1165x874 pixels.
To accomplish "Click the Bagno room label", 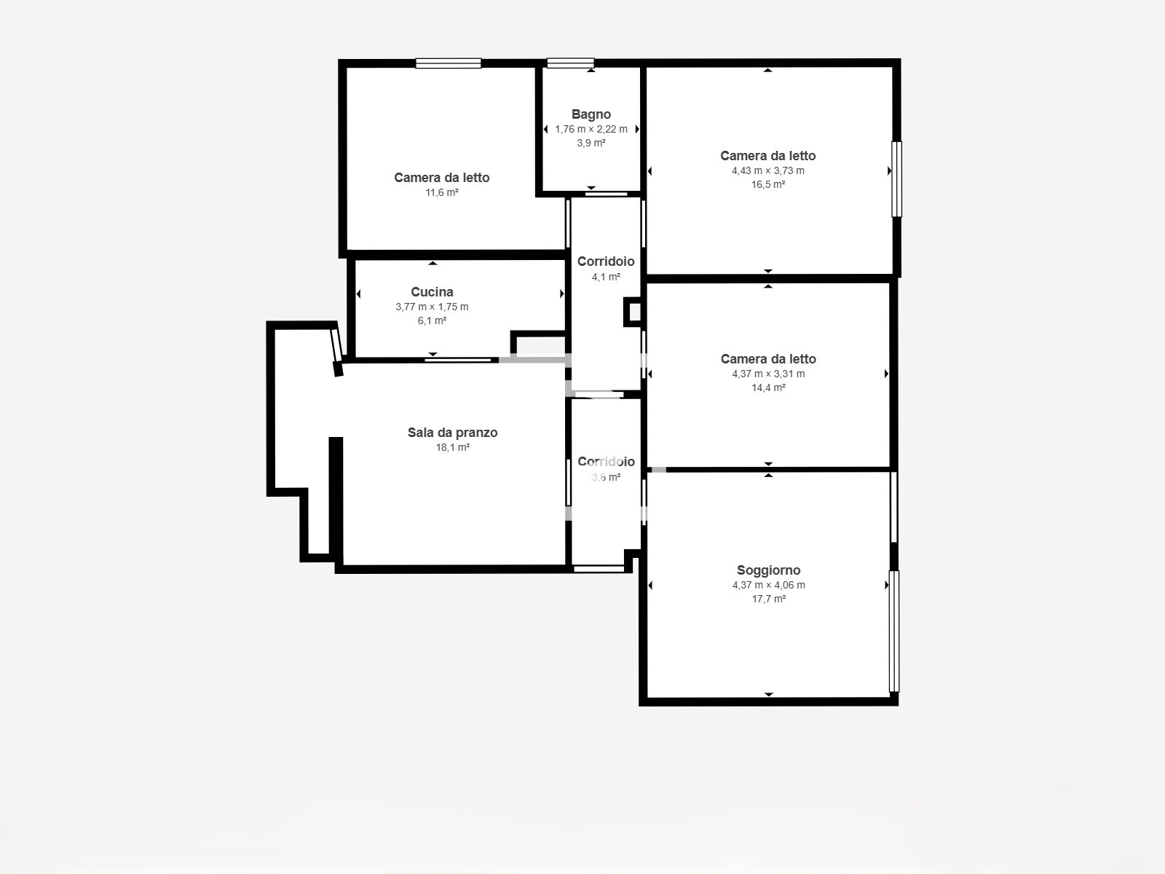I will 591,114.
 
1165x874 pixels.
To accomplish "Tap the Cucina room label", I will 432,292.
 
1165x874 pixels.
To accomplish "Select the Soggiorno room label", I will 768,570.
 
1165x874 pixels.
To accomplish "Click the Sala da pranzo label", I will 452,433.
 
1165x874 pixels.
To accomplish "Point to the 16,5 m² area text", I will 768,185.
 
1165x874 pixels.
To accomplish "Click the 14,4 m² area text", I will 768,388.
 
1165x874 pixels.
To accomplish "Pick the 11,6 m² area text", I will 442,193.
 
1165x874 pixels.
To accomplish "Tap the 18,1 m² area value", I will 452,448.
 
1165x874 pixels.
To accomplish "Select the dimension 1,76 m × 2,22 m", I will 591,129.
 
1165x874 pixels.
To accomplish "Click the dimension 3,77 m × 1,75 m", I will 432,307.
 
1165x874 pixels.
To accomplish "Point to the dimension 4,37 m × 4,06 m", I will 768,585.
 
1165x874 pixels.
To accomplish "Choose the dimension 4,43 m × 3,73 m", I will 768,170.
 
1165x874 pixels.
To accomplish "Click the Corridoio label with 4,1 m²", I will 606,261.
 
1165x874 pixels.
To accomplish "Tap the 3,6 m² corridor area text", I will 606,478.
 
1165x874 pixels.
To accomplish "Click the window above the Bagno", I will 570,63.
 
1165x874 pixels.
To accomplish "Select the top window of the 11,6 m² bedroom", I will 449,63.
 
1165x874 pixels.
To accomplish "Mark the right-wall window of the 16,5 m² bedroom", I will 896,179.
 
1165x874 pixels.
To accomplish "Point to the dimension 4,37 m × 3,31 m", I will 768,374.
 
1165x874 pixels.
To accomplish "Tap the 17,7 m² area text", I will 768,599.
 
